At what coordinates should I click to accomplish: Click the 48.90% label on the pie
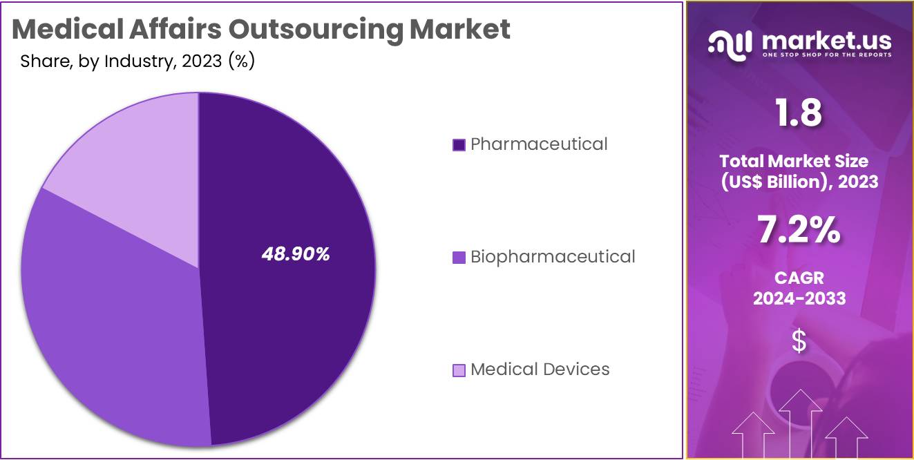point(296,254)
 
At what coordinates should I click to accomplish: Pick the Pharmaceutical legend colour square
point(459,145)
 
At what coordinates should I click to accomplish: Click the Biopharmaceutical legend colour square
point(459,258)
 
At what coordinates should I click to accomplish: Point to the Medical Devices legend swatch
point(459,370)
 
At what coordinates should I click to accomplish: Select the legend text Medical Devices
point(540,370)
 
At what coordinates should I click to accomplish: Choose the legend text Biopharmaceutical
point(552,257)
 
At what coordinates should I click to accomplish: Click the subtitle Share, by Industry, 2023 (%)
point(137,61)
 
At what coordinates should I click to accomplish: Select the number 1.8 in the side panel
point(799,113)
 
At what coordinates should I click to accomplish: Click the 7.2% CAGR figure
point(799,230)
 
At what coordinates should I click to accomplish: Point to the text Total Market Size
point(794,161)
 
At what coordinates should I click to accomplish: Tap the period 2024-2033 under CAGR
point(799,298)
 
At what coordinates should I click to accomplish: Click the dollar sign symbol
point(799,341)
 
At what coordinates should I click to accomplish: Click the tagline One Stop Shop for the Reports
point(826,55)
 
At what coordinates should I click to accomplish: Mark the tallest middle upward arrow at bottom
point(800,421)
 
